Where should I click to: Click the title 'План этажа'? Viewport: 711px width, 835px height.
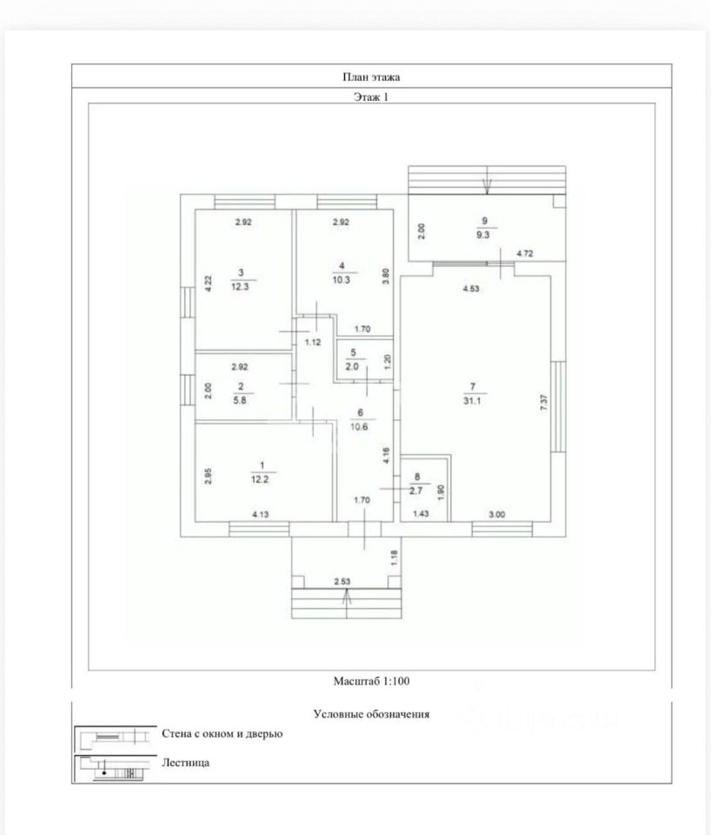[x=371, y=77]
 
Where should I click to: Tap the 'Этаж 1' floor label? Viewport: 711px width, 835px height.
[x=371, y=97]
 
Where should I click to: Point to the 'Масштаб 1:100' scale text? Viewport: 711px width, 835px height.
[x=371, y=680]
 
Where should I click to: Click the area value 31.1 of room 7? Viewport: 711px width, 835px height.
[x=472, y=400]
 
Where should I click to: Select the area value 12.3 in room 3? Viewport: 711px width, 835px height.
[x=240, y=286]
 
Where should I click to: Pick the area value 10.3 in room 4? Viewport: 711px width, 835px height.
[x=341, y=279]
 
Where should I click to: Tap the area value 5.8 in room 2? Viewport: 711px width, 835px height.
[x=240, y=400]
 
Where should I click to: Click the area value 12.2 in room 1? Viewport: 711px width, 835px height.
[x=260, y=479]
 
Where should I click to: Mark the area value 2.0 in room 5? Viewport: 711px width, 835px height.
[x=352, y=366]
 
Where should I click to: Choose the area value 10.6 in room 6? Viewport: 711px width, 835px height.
[x=359, y=426]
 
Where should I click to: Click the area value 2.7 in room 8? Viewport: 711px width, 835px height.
[x=415, y=491]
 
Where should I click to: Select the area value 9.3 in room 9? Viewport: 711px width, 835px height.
[x=483, y=234]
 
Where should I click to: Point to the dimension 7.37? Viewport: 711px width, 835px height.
[x=543, y=402]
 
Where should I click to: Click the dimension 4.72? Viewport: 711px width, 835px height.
[x=525, y=253]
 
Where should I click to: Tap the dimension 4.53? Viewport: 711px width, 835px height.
[x=471, y=289]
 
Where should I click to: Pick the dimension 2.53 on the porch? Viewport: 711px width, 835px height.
[x=342, y=582]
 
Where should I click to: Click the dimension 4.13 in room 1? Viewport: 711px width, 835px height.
[x=260, y=514]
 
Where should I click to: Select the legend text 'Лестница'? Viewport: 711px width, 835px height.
[x=186, y=763]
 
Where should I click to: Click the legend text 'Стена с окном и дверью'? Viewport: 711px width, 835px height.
[x=222, y=734]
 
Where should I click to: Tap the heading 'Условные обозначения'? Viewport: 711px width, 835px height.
[x=371, y=714]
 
